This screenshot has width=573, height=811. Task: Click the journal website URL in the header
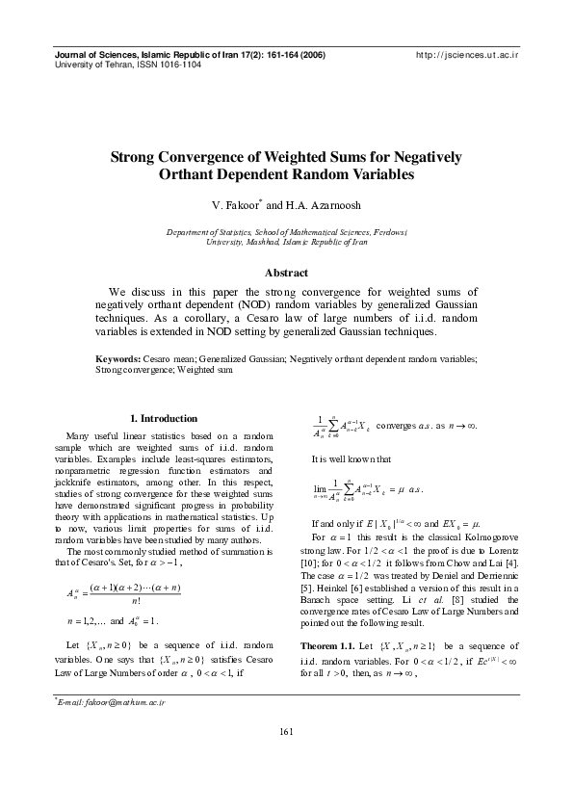pyautogui.click(x=466, y=57)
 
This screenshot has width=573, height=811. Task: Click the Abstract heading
pyautogui.click(x=286, y=273)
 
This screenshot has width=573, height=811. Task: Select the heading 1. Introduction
pyautogui.click(x=163, y=418)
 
